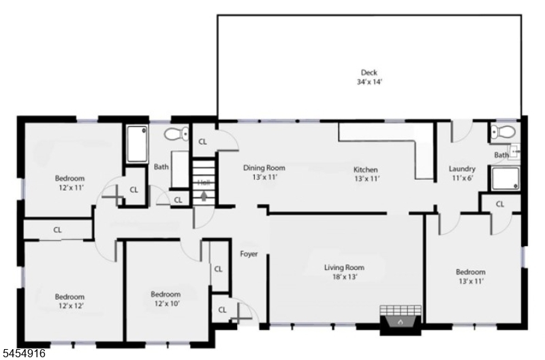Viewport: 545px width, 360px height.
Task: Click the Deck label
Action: pos(369,73)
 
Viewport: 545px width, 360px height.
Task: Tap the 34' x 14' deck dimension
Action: pos(369,82)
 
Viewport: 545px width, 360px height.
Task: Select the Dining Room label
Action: pos(264,168)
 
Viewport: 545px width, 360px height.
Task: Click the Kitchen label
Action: pos(366,170)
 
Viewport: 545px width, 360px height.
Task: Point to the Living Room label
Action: pos(345,267)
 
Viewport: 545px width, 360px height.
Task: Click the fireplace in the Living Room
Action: pos(401,320)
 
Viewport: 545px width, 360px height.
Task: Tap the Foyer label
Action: pos(249,254)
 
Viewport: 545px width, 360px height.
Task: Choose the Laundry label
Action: pos(462,169)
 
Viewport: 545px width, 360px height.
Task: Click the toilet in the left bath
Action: pos(176,134)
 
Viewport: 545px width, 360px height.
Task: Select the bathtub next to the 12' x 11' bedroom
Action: pos(137,144)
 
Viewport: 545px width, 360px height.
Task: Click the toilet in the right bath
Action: pos(503,132)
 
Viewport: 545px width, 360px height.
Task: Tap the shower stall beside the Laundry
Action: pos(505,179)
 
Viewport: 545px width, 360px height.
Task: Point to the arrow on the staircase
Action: pos(204,196)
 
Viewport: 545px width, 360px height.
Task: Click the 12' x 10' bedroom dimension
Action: pos(167,303)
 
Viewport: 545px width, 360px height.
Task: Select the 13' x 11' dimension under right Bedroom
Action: pos(471,281)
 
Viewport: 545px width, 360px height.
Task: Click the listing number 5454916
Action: pos(23,353)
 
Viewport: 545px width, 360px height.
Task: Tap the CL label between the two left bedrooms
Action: pos(57,230)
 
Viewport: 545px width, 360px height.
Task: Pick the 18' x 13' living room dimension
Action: pos(345,277)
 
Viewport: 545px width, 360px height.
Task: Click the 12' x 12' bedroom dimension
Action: pos(70,306)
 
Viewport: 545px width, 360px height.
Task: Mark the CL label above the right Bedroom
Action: pos(500,204)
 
